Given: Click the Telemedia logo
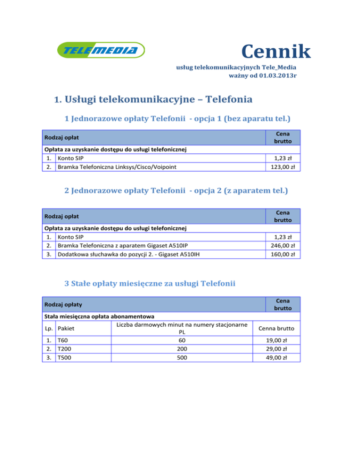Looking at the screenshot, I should pyautogui.click(x=100, y=50).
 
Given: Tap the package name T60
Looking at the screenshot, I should pyautogui.click(x=62, y=340).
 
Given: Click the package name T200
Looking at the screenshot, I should pyautogui.click(x=64, y=349).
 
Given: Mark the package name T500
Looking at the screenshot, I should pyautogui.click(x=64, y=358).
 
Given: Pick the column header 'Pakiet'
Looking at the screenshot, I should pyautogui.click(x=66, y=328).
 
